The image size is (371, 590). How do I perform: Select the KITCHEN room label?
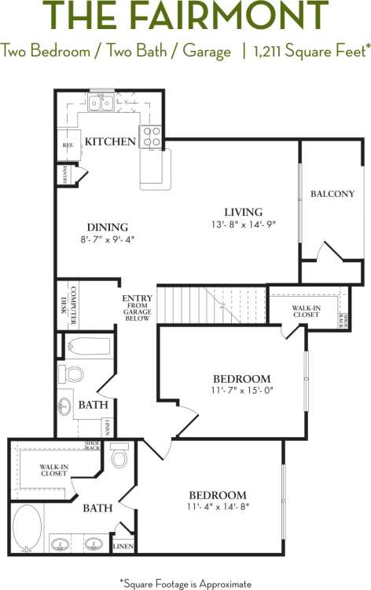[x=110, y=142]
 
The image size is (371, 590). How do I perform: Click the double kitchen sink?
[x=100, y=102]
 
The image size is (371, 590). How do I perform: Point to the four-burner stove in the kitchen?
[x=150, y=137]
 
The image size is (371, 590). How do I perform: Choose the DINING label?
[x=107, y=227]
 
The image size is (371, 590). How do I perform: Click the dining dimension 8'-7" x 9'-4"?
[x=107, y=239]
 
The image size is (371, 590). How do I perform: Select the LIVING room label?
[x=243, y=212]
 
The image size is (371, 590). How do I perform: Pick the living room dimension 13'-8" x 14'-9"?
[x=243, y=224]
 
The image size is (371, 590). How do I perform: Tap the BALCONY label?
[x=332, y=194]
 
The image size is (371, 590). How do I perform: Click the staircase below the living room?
[x=211, y=304]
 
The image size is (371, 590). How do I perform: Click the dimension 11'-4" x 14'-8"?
[x=218, y=508]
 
